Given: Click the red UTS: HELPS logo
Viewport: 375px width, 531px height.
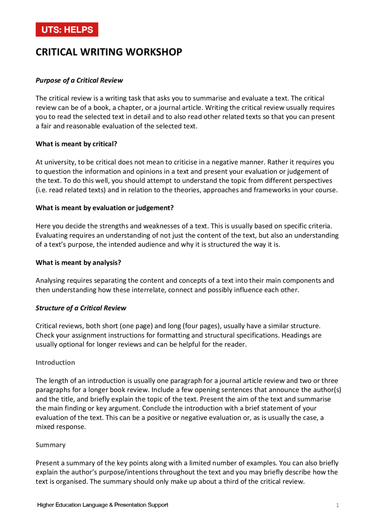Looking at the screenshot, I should click(x=67, y=30).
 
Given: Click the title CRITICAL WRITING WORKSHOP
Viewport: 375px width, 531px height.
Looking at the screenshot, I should click(x=109, y=52).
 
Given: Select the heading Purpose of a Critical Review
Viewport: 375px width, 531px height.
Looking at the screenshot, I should click(x=79, y=80).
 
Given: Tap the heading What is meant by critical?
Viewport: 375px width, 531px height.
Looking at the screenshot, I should click(x=76, y=144).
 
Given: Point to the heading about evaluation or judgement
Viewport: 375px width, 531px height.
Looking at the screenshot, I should click(x=105, y=208).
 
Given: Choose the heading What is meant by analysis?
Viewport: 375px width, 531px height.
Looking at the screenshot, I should click(x=78, y=263).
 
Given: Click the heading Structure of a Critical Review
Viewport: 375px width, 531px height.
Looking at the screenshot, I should click(x=81, y=308).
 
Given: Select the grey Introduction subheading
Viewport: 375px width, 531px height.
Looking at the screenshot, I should click(x=55, y=362).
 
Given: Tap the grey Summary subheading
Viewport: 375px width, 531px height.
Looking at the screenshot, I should click(x=50, y=445).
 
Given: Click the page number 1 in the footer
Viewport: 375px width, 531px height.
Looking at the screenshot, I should click(x=337, y=505).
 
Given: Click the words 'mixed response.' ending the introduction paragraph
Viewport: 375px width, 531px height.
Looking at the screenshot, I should click(x=61, y=427).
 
